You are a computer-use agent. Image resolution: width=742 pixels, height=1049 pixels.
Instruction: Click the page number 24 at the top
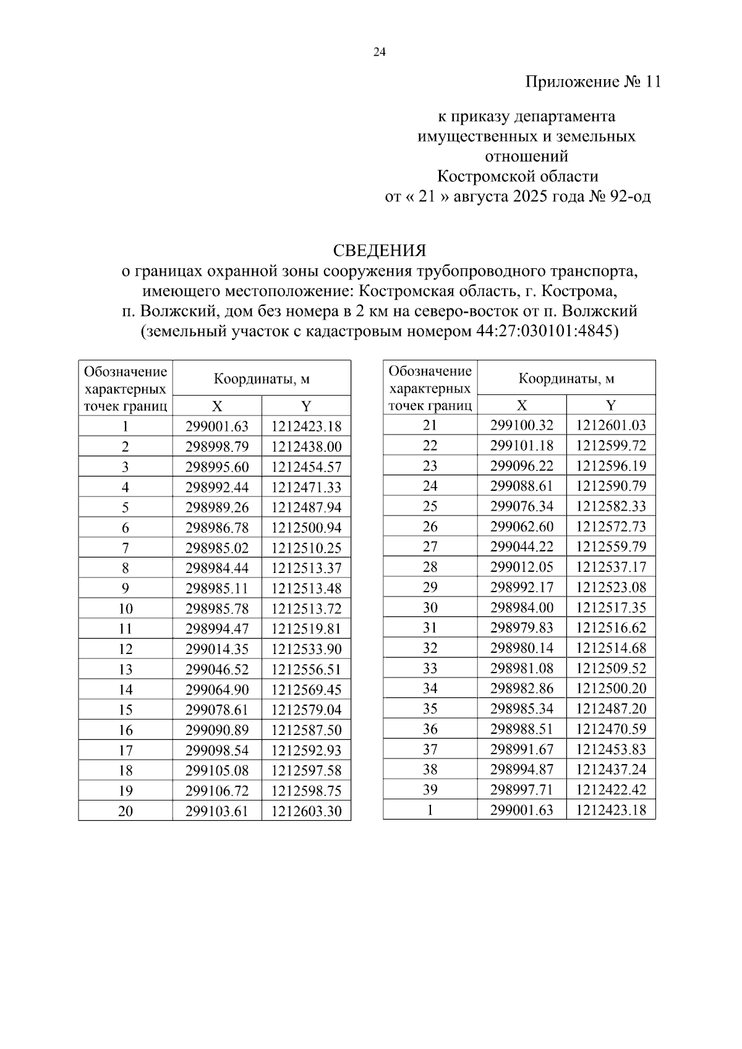pyautogui.click(x=379, y=53)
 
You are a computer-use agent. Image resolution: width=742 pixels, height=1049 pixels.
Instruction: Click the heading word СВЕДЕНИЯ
pyautogui.click(x=379, y=251)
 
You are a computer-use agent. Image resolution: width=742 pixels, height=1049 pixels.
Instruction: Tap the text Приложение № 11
pyautogui.click(x=593, y=82)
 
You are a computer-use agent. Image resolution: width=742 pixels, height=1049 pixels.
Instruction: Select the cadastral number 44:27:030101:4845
pyautogui.click(x=547, y=331)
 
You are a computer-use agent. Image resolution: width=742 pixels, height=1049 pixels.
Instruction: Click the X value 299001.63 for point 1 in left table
pyautogui.click(x=216, y=427)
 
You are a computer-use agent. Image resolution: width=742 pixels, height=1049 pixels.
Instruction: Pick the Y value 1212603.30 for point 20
pyautogui.click(x=306, y=811)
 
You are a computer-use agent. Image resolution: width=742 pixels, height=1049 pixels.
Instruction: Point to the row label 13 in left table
pyautogui.click(x=126, y=669)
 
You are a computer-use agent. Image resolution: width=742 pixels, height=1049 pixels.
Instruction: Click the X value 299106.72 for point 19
pyautogui.click(x=216, y=791)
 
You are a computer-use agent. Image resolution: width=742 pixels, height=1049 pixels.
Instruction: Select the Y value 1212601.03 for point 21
pyautogui.click(x=610, y=425)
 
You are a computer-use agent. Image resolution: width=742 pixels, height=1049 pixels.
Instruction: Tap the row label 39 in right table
pyautogui.click(x=430, y=789)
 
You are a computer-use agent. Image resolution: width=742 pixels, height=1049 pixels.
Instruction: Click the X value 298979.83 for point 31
pyautogui.click(x=521, y=627)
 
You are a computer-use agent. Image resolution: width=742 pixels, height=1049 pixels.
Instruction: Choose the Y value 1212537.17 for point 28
pyautogui.click(x=610, y=567)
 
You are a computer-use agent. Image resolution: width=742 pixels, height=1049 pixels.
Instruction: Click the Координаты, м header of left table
pyautogui.click(x=262, y=379)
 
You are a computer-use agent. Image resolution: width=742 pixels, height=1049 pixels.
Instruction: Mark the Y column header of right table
pyautogui.click(x=610, y=406)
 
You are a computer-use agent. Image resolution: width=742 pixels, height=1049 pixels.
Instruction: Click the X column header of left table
pyautogui.click(x=216, y=406)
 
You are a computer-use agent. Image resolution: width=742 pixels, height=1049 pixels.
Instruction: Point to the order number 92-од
pyautogui.click(x=631, y=197)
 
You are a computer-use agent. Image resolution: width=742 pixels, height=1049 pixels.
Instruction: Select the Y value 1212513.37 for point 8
pyautogui.click(x=306, y=568)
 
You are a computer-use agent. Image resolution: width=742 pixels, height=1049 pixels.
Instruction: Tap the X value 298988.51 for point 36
pyautogui.click(x=521, y=729)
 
